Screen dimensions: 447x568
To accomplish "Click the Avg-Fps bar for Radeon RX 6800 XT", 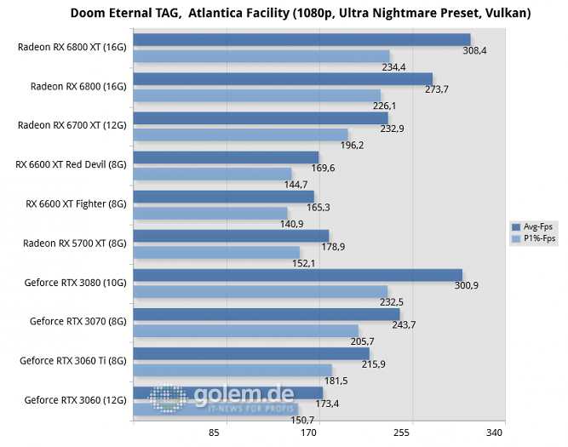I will pos(302,39).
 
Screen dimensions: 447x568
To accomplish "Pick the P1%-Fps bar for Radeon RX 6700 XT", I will pos(241,135).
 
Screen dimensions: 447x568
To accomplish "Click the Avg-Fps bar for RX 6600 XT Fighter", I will pos(224,196).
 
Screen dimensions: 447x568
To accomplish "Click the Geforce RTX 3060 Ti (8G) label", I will pos(73,360).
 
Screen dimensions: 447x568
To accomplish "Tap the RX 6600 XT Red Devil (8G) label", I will pos(71,164).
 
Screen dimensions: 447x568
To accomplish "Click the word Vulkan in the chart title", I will pos(506,13).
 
